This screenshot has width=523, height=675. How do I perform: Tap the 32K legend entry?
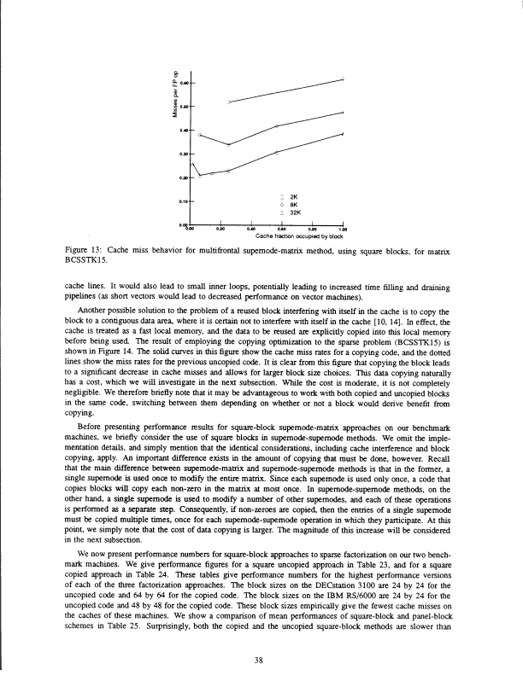point(289,212)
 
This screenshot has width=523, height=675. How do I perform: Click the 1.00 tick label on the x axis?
point(342,229)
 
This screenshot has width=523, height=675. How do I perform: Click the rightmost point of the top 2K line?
point(343,79)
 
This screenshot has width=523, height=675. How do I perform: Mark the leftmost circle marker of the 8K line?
point(200,134)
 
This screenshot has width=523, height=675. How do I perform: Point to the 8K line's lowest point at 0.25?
point(229,145)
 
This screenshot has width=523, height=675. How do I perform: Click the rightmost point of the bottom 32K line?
point(343,133)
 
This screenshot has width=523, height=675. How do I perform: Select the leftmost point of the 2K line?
point(229,102)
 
